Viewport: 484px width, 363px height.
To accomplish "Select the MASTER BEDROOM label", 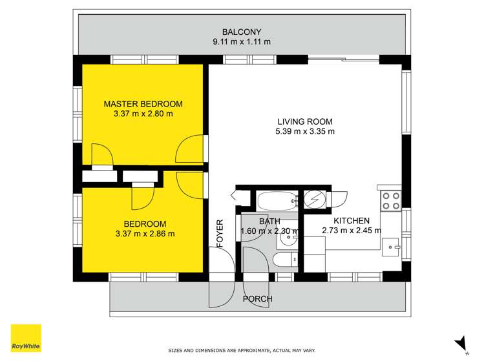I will click(x=143, y=103).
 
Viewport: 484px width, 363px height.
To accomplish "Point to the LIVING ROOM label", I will click(x=304, y=121).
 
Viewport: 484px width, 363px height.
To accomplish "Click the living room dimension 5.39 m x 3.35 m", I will click(x=304, y=131).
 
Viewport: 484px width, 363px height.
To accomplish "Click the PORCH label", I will click(x=257, y=299).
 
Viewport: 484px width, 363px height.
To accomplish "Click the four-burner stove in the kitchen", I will click(x=390, y=201).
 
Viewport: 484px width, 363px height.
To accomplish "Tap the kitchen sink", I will click(x=392, y=246).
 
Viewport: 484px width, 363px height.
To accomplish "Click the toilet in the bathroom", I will click(x=283, y=262).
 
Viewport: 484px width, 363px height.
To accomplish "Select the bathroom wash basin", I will click(x=288, y=240).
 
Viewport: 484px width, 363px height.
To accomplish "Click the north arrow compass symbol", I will click(x=459, y=345).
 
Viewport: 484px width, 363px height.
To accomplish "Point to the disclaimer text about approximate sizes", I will click(x=242, y=351).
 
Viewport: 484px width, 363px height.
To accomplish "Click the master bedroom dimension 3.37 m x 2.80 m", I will click(x=143, y=114).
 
